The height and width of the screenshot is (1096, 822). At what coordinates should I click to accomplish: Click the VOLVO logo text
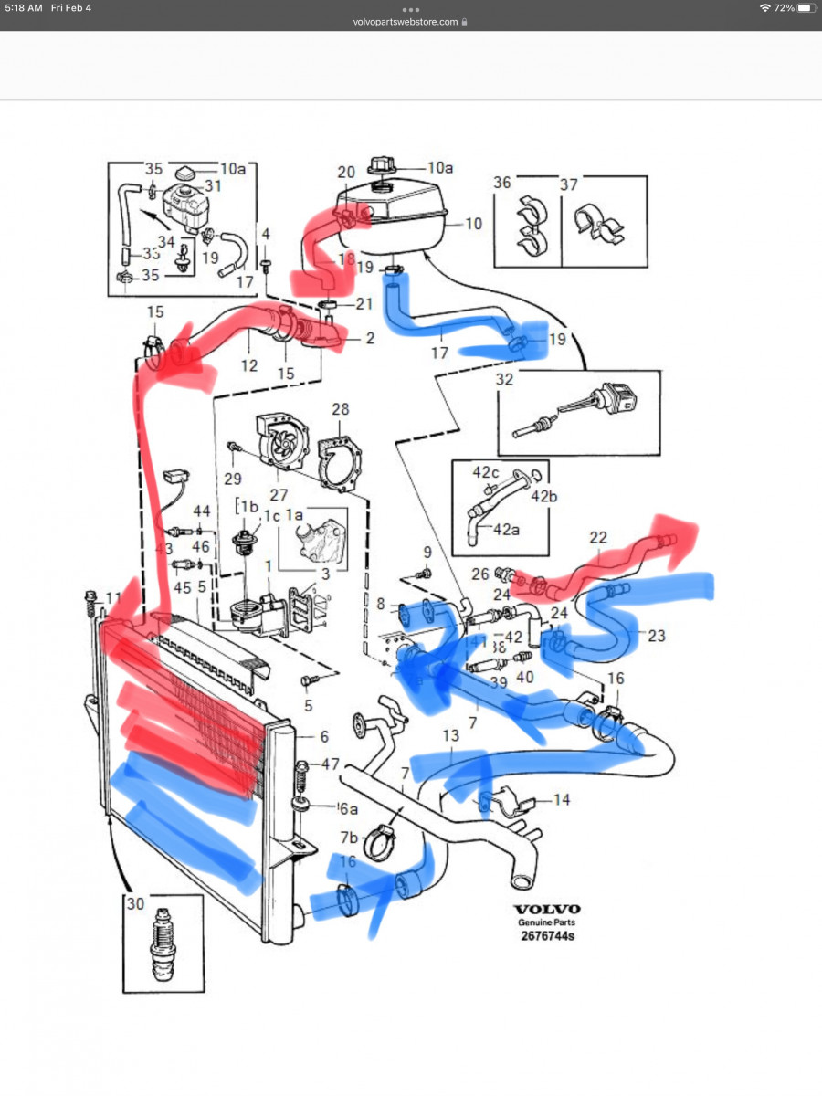[546, 909]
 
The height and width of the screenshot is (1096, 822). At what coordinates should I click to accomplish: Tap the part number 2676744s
[546, 936]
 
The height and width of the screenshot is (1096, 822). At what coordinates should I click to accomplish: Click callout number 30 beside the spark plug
[135, 904]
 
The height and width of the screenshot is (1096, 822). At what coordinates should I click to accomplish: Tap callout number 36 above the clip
[502, 184]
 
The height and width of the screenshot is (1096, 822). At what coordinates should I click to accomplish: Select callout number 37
[569, 184]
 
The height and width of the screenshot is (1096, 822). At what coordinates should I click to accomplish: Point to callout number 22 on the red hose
[598, 537]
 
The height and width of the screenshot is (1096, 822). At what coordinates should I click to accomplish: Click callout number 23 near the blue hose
[657, 637]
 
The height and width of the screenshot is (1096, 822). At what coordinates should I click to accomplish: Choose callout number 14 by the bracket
[561, 800]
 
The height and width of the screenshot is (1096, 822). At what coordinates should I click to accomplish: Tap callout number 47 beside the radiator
[330, 764]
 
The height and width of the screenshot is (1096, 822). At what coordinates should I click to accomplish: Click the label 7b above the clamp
[350, 838]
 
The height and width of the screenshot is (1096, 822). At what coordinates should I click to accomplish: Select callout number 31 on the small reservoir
[213, 185]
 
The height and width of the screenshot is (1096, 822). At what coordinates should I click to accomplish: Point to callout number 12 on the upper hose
[249, 365]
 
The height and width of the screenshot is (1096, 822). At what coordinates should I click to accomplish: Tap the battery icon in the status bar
[805, 7]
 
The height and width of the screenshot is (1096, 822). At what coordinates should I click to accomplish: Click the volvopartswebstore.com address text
[405, 21]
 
